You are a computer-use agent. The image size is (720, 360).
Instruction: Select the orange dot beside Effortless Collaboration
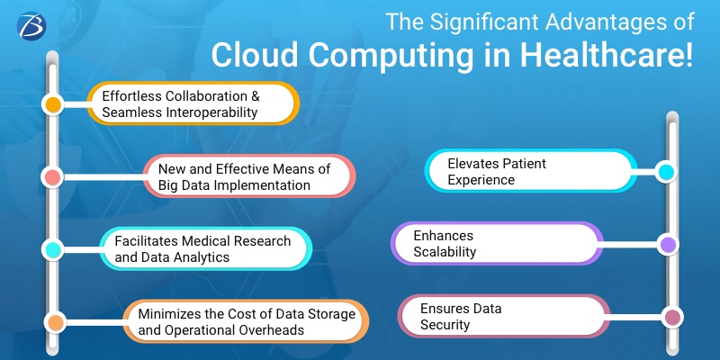[53, 104]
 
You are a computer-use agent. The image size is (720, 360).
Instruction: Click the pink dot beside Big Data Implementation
[53, 176]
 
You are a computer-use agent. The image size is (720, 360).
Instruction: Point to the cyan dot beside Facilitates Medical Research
[53, 249]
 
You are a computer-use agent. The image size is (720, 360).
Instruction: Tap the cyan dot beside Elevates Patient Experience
[667, 172]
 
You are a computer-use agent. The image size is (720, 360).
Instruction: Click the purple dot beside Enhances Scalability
[667, 244]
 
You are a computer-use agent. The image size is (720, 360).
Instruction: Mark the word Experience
[481, 180]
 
